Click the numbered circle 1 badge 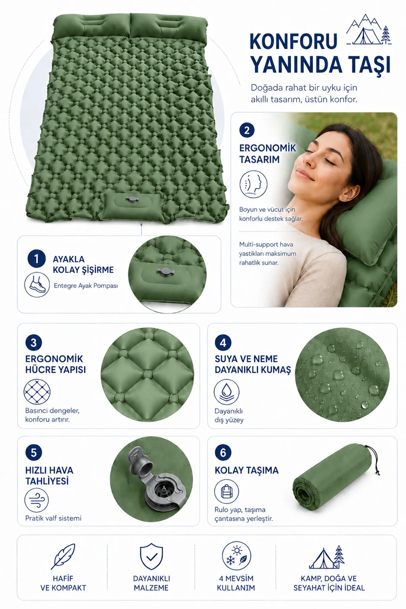(36, 259)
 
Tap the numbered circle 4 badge (223, 343)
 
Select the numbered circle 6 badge (223, 453)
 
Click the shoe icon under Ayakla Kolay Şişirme (37, 285)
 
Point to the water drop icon (227, 392)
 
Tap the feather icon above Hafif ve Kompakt (63, 557)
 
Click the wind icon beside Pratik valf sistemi (37, 500)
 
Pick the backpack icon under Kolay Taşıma (227, 491)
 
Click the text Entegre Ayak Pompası (86, 286)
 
